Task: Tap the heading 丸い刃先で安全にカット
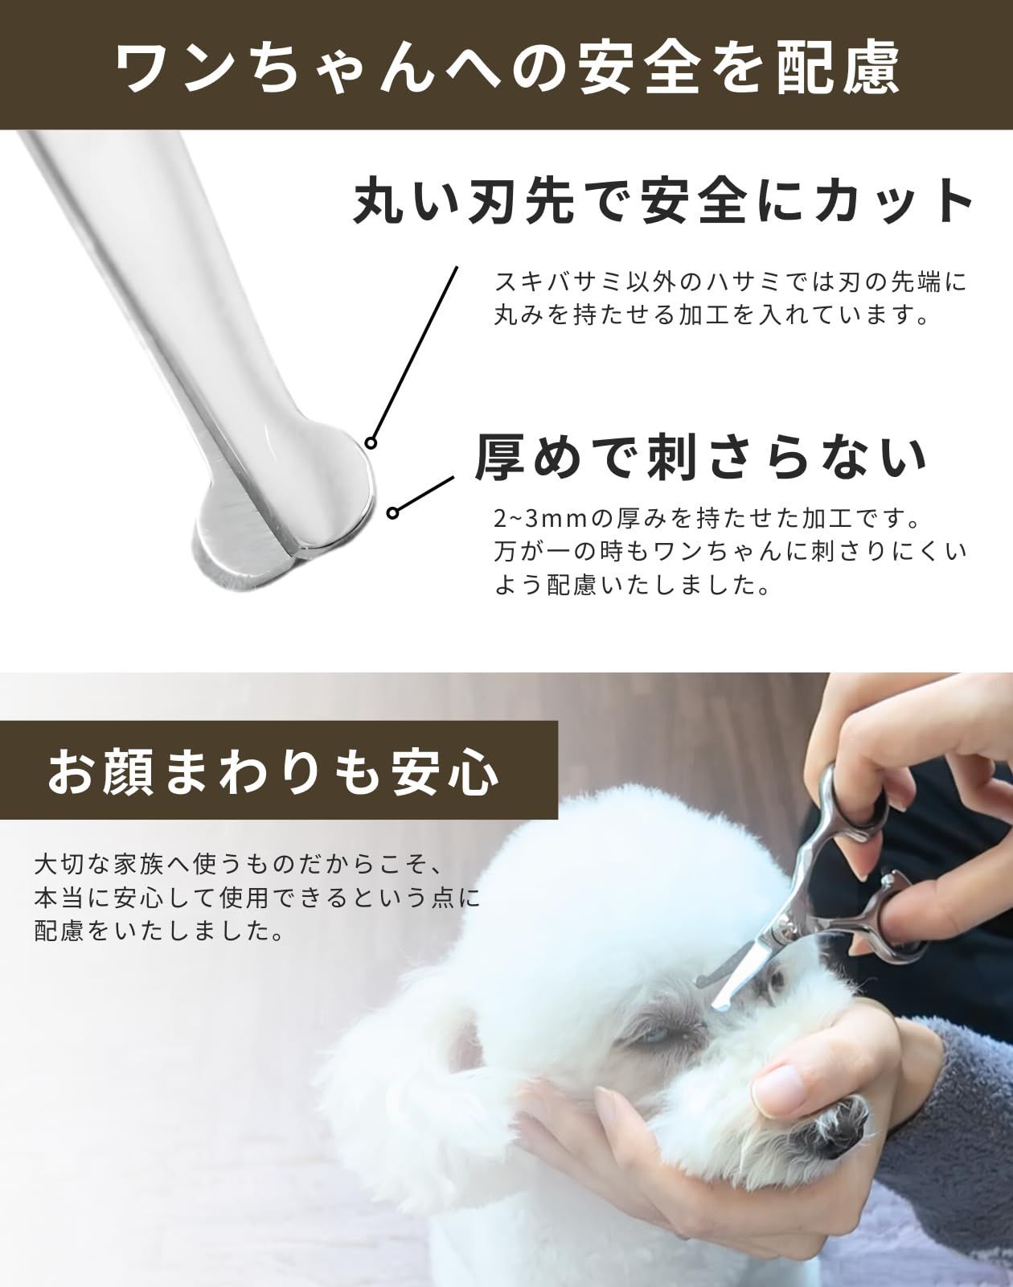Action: click(664, 201)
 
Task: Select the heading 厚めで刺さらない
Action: click(701, 458)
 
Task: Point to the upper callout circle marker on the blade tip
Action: click(371, 443)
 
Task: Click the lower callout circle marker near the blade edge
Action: click(392, 512)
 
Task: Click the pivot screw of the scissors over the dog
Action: click(890, 880)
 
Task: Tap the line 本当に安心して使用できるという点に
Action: click(258, 898)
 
